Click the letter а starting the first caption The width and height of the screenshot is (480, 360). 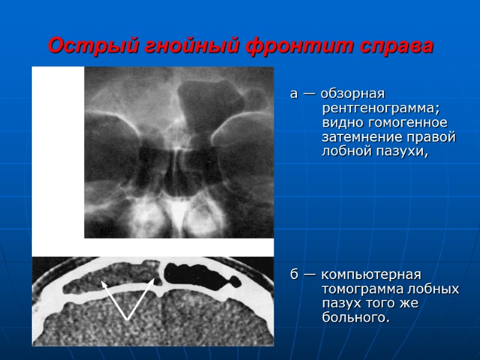(293, 95)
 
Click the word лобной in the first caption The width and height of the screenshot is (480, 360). (345, 152)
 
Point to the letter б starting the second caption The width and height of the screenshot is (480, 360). (294, 275)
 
